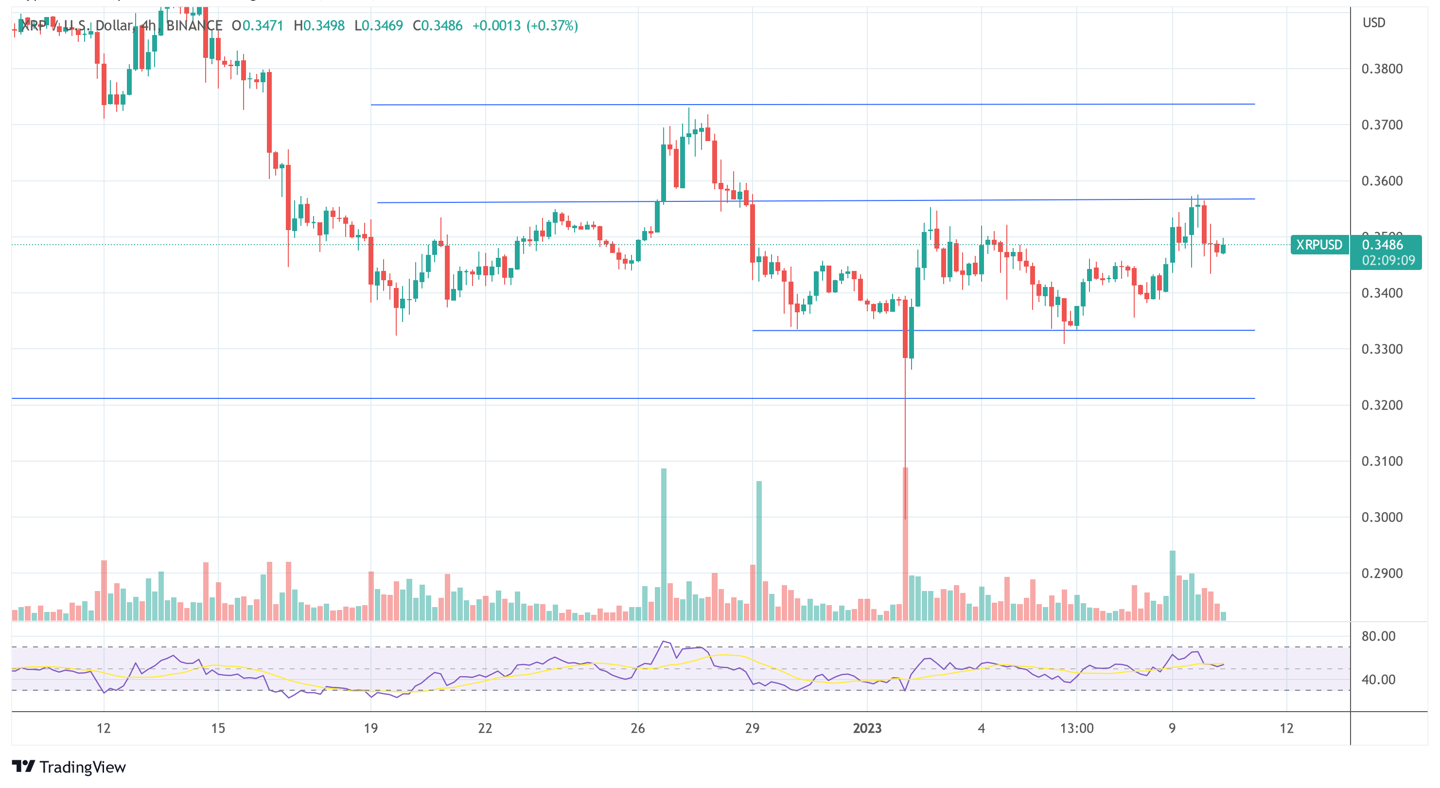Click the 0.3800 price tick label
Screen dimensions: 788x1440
1381,69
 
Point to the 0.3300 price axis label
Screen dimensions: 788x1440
1381,349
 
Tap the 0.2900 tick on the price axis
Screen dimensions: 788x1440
1381,573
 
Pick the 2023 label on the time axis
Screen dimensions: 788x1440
866,728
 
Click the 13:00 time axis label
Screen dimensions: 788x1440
1077,728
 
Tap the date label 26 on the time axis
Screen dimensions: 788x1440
638,728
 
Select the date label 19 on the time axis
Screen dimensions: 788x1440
370,728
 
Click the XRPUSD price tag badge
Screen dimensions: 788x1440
1318,245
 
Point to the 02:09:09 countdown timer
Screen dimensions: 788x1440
1388,261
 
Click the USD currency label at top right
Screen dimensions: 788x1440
1373,23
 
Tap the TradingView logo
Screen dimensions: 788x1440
69,767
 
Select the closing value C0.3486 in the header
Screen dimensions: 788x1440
437,26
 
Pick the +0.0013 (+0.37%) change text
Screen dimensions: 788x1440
525,26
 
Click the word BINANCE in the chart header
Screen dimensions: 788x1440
194,26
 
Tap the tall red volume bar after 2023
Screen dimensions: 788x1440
905,542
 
